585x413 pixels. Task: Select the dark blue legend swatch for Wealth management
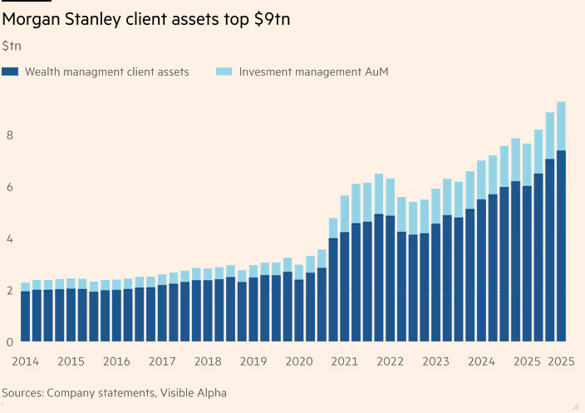[x=10, y=72]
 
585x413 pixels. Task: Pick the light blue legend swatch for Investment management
[x=224, y=72]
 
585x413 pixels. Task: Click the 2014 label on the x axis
[x=25, y=362]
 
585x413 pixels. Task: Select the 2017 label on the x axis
[x=162, y=362]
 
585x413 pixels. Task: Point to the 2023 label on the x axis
[x=435, y=362]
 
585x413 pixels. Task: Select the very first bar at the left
[x=26, y=316]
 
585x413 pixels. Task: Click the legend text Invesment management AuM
[x=313, y=72]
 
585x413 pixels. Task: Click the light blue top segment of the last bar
[x=561, y=125]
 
